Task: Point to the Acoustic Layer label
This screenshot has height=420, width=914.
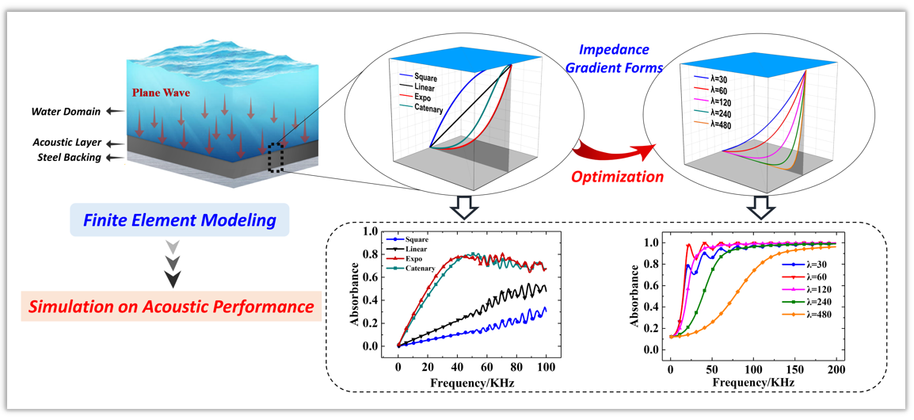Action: point(69,142)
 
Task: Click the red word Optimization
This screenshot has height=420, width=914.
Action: point(617,178)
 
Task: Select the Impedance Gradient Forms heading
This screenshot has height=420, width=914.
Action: point(613,59)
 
